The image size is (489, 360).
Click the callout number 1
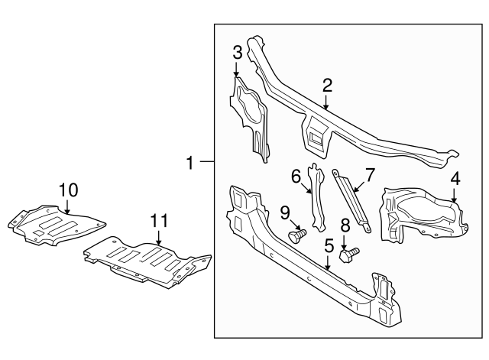pos(190,162)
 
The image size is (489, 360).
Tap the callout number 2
pos(327,86)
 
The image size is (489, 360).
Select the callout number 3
pos(238,52)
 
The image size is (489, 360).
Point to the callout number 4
pos(455,178)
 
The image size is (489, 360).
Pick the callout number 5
pos(329,246)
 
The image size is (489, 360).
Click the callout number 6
pos(296,177)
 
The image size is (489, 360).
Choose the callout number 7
pos(369,175)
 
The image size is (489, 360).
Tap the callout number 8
pos(345,225)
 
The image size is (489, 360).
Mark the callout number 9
pos(284,211)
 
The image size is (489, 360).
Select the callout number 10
pos(68,189)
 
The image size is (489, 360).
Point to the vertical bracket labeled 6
pos(316,196)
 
